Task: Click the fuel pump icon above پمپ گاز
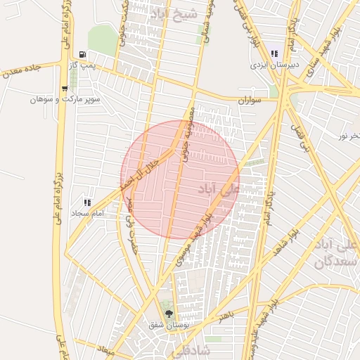click(83, 55)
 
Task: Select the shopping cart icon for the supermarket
click(65, 89)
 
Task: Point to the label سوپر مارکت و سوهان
click(65, 100)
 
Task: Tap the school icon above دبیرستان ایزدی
click(276, 54)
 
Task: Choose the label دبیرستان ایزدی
click(276, 65)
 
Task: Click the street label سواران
click(250, 101)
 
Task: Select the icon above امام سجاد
click(87, 202)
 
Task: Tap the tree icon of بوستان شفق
click(168, 314)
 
